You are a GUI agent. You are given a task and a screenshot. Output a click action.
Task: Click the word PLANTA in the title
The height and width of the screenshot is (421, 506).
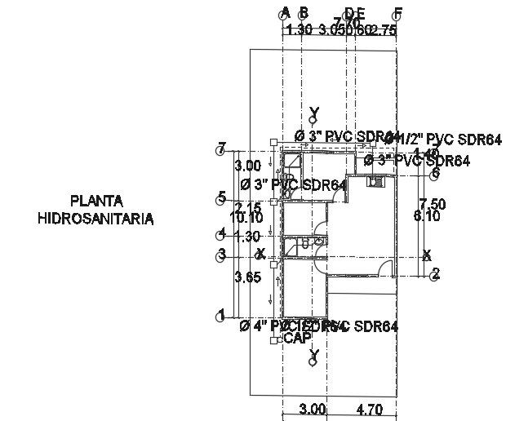[x=95, y=201]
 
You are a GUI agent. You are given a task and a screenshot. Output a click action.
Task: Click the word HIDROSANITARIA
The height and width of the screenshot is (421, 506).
[x=95, y=219]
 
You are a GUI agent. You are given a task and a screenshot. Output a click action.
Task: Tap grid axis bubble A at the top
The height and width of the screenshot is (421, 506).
[x=285, y=13]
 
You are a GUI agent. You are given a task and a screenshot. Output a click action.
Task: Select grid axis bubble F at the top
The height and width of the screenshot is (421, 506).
[x=397, y=13]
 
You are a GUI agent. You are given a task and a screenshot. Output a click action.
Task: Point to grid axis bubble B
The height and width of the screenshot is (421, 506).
[x=303, y=13]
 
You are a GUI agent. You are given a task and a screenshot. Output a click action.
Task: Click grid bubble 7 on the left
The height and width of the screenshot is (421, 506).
[x=220, y=150]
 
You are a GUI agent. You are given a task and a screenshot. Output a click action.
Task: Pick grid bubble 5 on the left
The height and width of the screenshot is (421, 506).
[x=220, y=198]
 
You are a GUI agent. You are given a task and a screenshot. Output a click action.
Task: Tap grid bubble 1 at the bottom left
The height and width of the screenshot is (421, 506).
[x=220, y=316]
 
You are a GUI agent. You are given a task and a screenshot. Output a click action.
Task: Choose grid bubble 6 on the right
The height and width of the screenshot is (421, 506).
[x=435, y=174]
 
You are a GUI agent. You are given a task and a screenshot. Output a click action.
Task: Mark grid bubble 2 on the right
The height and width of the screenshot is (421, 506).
[x=435, y=275]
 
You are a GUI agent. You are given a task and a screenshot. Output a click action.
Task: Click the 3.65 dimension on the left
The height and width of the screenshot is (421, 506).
[x=248, y=277]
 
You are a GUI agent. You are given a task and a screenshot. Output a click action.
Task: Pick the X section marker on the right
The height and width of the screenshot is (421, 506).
[x=427, y=255]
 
